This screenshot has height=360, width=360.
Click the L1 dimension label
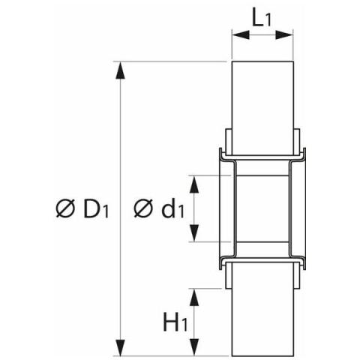coord(261,18)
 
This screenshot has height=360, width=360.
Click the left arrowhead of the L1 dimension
coord(236,33)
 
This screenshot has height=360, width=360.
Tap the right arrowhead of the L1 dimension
coord(287,33)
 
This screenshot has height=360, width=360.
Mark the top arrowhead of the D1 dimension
coord(118,67)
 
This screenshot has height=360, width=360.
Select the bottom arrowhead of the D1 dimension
coord(118,349)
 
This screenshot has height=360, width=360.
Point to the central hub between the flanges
coord(262,209)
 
